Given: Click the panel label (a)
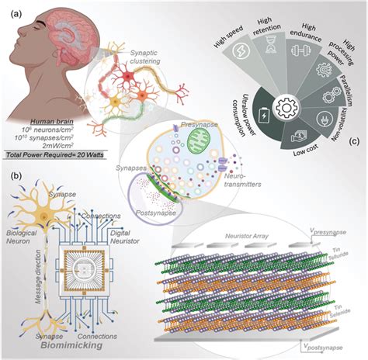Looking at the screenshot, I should pyautogui.click(x=12, y=11).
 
